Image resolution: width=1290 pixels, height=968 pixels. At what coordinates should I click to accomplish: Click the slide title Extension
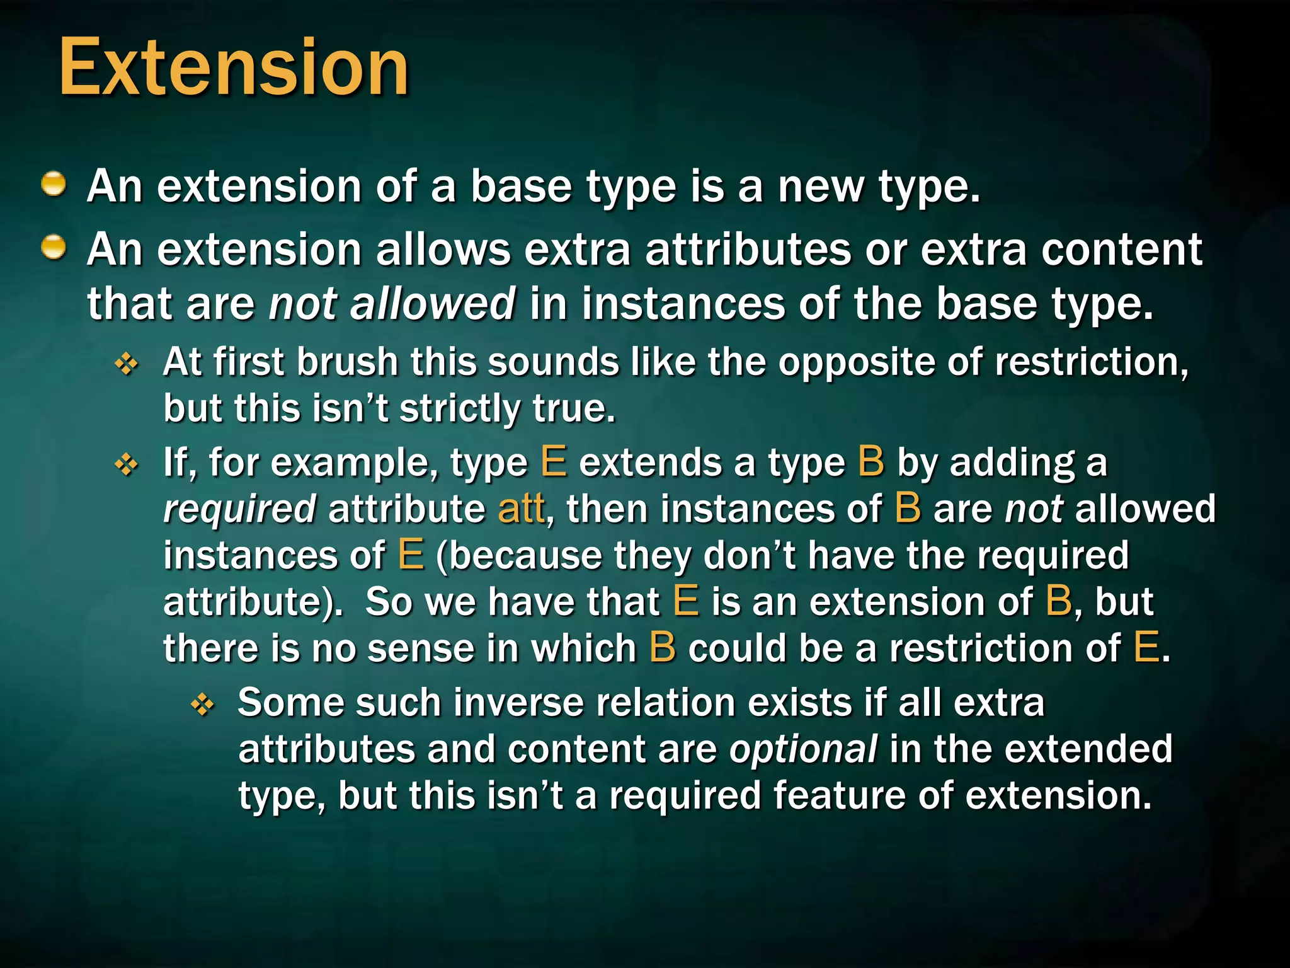pyautogui.click(x=234, y=67)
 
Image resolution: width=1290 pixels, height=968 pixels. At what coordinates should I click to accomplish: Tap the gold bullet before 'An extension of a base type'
pyautogui.click(x=54, y=185)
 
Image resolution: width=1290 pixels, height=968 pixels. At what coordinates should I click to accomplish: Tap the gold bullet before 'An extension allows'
pyautogui.click(x=54, y=247)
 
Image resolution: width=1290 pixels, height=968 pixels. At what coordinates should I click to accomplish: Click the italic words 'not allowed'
pyautogui.click(x=392, y=304)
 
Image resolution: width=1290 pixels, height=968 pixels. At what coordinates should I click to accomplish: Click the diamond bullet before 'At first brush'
pyautogui.click(x=127, y=364)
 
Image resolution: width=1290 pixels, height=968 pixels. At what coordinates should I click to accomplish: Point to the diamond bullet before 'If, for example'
pyautogui.click(x=127, y=465)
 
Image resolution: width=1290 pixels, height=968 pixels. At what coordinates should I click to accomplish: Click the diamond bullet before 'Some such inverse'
pyautogui.click(x=202, y=705)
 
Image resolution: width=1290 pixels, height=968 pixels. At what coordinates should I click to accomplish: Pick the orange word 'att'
pyautogui.click(x=521, y=509)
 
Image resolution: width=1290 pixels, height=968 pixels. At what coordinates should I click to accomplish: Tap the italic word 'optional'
pyautogui.click(x=803, y=750)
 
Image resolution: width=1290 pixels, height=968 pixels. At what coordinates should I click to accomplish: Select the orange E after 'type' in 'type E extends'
pyautogui.click(x=554, y=462)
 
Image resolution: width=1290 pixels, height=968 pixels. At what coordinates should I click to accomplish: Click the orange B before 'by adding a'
pyautogui.click(x=871, y=462)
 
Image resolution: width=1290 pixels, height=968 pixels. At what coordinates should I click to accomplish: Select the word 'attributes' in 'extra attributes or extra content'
pyautogui.click(x=748, y=250)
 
